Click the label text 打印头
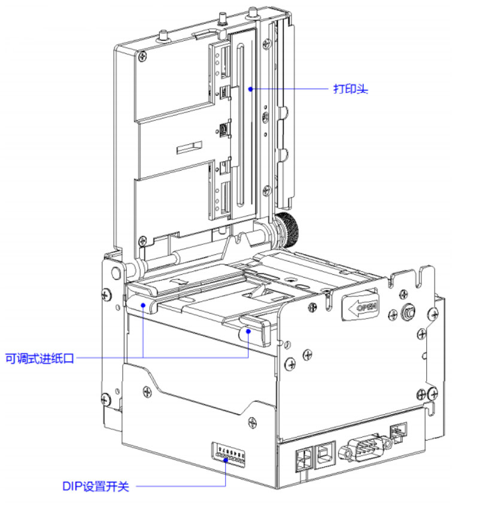point(350,90)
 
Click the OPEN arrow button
point(360,307)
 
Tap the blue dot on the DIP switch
point(225,460)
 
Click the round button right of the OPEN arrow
point(408,312)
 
